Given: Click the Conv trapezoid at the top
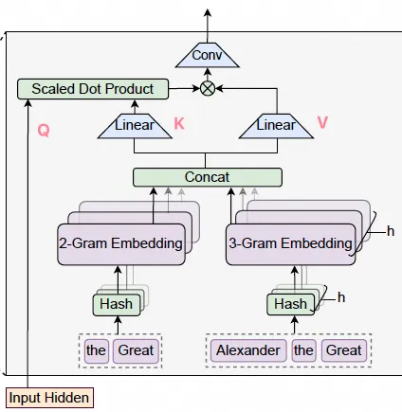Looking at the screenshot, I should click(206, 56).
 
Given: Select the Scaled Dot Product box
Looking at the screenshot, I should click(92, 89).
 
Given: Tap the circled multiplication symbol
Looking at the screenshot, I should click(206, 89).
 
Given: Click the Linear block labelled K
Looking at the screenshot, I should click(134, 125).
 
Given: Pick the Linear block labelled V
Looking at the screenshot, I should click(276, 125).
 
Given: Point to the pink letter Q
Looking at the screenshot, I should click(43, 130).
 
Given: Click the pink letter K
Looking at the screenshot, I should click(180, 123).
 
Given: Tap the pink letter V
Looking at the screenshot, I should click(322, 123).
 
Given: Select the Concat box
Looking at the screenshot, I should click(208, 177).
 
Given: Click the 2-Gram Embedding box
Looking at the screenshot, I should click(120, 243).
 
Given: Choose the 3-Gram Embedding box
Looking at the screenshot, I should click(289, 243).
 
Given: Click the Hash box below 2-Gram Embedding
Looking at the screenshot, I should click(118, 304).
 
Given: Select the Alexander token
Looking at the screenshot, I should click(247, 350).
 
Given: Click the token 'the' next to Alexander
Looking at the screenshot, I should click(303, 350).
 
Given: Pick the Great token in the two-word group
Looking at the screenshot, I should click(135, 350).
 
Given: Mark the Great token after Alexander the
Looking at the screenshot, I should click(343, 350).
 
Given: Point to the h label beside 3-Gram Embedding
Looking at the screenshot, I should click(390, 229).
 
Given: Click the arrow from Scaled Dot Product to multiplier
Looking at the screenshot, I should click(182, 89).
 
